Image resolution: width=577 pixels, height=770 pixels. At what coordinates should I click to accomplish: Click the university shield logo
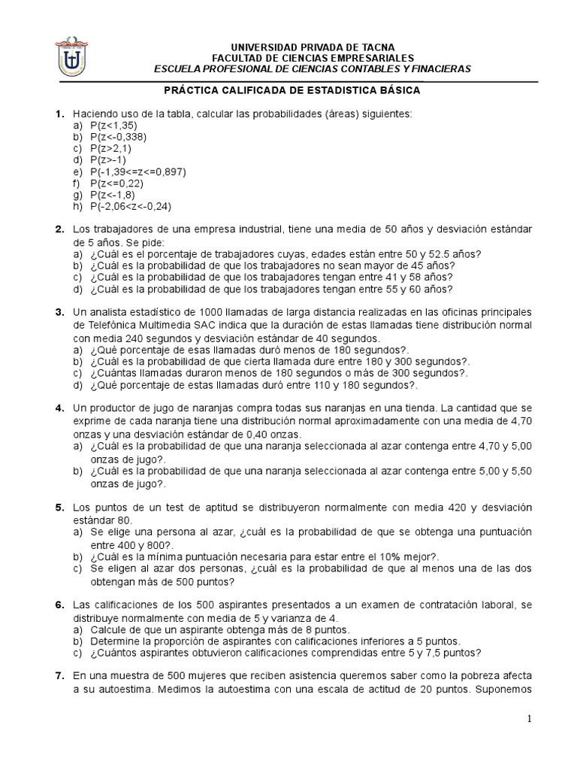[73, 58]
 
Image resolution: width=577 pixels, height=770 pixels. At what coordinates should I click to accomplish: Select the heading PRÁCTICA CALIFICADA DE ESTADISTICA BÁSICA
[292, 90]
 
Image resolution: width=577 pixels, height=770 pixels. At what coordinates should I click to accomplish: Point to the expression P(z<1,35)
[113, 125]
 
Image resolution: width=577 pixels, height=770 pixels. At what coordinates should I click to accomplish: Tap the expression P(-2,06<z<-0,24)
[131, 207]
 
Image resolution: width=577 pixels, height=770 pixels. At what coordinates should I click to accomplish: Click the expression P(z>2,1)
[110, 148]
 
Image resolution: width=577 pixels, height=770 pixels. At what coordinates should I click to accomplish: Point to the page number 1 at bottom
[530, 720]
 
